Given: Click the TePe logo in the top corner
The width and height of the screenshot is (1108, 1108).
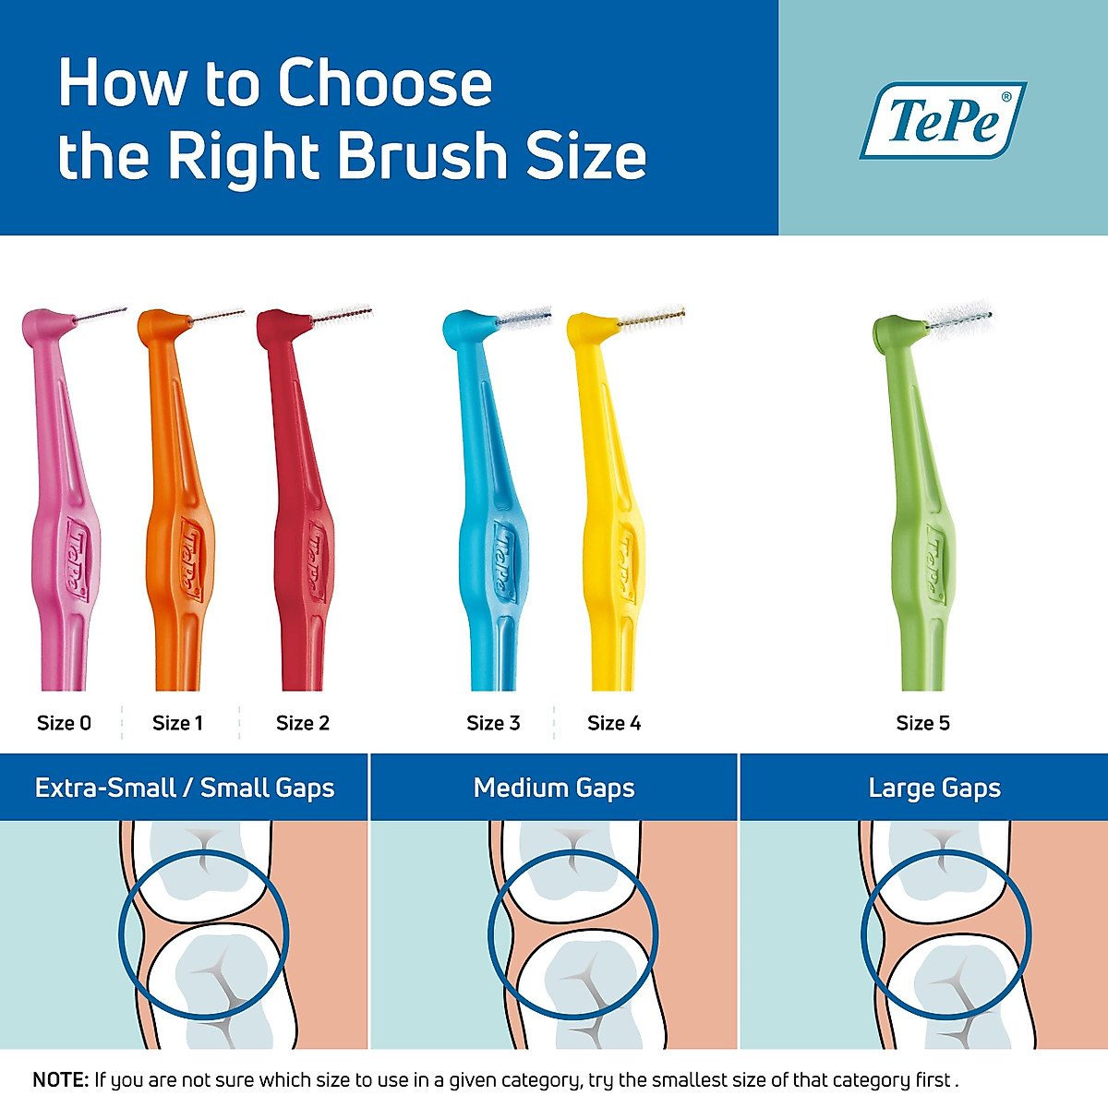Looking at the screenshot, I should tap(943, 120).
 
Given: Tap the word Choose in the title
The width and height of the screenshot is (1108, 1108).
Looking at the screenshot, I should tap(385, 83).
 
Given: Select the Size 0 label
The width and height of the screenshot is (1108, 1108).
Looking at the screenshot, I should tap(64, 723).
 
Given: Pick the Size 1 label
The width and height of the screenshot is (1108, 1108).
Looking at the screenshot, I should tap(177, 723).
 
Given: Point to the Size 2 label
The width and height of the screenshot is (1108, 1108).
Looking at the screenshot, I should tap(302, 723).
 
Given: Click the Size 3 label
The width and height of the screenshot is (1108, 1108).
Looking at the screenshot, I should tap(493, 723).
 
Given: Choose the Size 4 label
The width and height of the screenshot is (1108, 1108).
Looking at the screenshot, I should tap(614, 723).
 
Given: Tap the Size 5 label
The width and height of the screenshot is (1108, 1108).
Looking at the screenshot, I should tap(922, 723).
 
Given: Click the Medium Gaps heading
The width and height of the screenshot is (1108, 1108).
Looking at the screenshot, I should tap(554, 788).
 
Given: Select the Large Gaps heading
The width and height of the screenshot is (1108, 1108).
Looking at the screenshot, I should tap(934, 788).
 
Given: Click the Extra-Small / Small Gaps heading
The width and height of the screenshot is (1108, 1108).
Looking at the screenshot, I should tap(185, 788).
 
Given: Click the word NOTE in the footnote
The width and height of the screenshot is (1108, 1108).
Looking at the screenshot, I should tap(61, 1079).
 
